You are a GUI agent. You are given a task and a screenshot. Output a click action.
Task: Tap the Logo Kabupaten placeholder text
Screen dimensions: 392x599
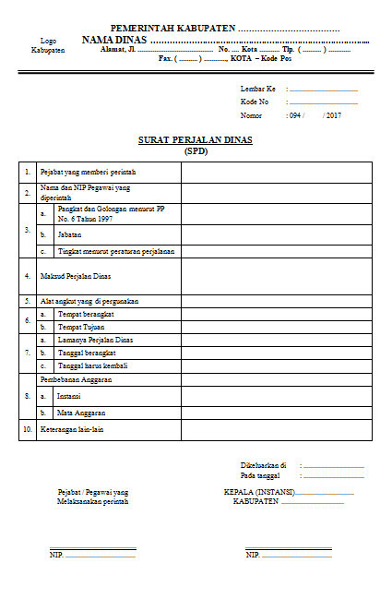pyautogui.click(x=48, y=46)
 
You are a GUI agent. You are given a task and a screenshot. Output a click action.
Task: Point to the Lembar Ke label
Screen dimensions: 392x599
pyautogui.click(x=257, y=89)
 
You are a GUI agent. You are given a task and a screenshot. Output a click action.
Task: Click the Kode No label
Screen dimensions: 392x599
pyautogui.click(x=255, y=102)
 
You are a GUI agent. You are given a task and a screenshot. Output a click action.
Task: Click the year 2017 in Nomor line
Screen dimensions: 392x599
pyautogui.click(x=333, y=115)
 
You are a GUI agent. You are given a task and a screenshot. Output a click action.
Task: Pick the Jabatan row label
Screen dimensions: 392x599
pyautogui.click(x=69, y=234)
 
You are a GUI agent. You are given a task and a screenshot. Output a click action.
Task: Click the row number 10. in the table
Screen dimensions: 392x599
pyautogui.click(x=28, y=429)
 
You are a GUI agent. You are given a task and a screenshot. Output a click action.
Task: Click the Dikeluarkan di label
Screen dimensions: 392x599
pyautogui.click(x=263, y=464)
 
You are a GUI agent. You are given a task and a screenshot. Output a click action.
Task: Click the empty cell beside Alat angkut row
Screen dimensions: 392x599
pyautogui.click(x=276, y=301)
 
